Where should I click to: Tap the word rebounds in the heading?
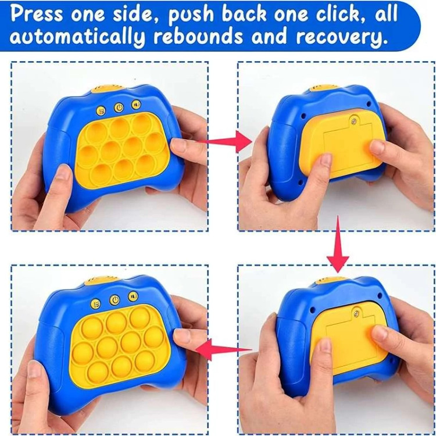198,35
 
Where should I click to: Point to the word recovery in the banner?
341,37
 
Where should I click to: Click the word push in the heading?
192,15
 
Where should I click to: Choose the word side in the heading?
137,13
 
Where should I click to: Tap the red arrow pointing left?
224,349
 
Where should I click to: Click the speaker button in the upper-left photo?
136,105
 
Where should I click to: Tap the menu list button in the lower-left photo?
96,303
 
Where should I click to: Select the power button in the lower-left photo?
115,300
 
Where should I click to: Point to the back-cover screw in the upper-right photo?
354,121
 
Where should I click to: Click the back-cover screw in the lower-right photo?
356,314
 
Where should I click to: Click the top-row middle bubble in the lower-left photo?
116,323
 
